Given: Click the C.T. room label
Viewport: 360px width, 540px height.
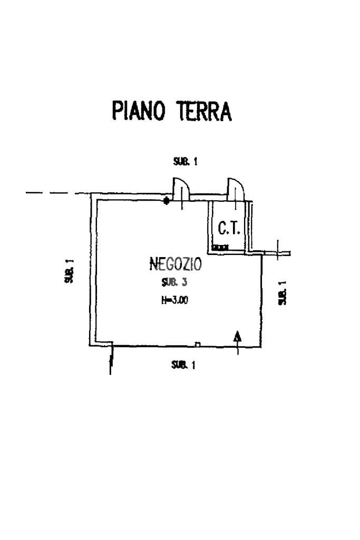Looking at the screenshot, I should [x=229, y=228].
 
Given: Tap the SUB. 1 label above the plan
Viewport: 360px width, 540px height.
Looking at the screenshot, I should [x=186, y=162].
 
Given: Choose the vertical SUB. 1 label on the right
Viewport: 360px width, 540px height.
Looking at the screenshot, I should [x=283, y=292].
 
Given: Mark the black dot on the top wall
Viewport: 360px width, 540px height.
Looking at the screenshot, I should [x=167, y=200].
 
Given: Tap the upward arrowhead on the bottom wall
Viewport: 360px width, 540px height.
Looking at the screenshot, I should [x=238, y=336].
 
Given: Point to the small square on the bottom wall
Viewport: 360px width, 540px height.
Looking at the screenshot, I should [x=198, y=345].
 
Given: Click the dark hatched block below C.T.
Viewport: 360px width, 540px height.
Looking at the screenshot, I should [x=220, y=247].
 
